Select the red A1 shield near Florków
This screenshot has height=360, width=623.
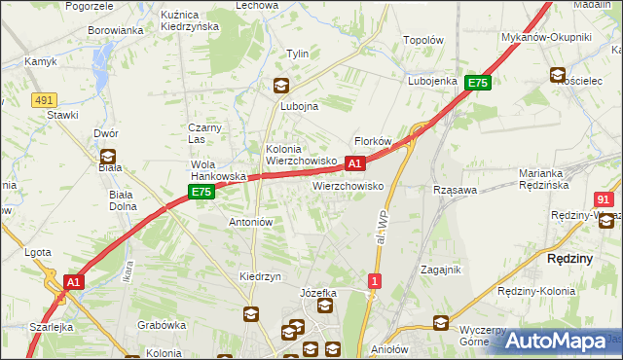356,163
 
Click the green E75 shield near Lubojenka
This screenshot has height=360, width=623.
477,84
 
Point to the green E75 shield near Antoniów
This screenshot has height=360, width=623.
202,193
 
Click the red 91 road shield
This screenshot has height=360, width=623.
604,198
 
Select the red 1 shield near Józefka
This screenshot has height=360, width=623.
375,281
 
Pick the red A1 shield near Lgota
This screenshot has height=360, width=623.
73,281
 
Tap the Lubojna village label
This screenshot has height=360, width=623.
300,107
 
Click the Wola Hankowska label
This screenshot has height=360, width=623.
216,170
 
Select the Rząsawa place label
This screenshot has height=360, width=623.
455,190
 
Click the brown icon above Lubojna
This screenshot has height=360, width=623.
280,86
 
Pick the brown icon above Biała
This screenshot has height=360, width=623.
108,155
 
